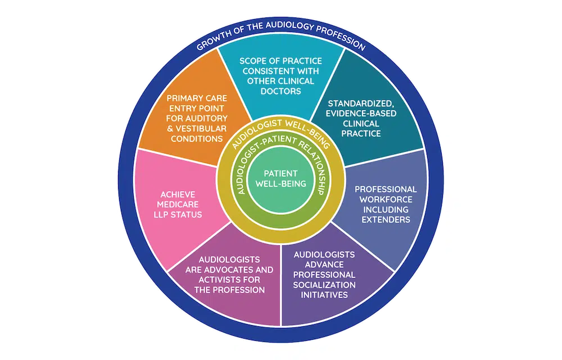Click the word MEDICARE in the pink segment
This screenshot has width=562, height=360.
pyautogui.click(x=178, y=204)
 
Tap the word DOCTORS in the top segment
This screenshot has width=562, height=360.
pyautogui.click(x=280, y=91)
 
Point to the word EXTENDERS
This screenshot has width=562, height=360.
pyautogui.click(x=386, y=219)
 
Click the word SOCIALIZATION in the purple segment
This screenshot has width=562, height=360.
pyautogui.click(x=324, y=285)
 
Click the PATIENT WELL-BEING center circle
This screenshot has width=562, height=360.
pyautogui.click(x=280, y=179)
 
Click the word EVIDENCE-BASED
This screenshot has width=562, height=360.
pyautogui.click(x=361, y=113)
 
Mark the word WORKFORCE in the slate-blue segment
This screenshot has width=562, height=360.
pyautogui.click(x=386, y=199)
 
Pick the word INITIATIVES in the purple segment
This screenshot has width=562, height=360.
pyautogui.click(x=324, y=295)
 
